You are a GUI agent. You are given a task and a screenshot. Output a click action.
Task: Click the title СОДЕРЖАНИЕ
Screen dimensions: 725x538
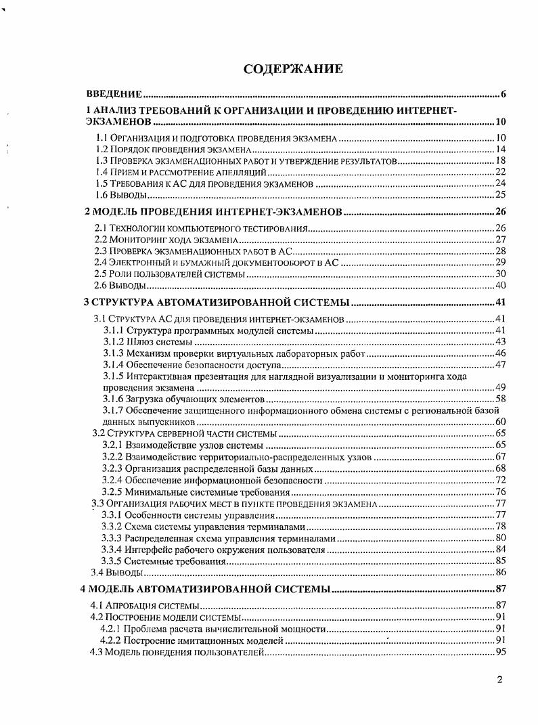coord(294,69)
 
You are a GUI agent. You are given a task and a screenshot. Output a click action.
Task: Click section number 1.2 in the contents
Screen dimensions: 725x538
coord(102,150)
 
